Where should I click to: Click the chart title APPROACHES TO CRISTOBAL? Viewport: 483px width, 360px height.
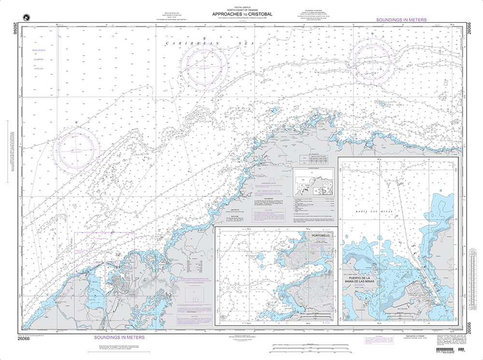[x=241, y=14]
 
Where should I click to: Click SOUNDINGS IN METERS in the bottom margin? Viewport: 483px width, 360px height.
[x=114, y=339]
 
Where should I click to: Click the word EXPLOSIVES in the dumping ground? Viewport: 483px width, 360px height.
[x=39, y=50]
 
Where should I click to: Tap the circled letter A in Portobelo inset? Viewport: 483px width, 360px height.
[x=222, y=317]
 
